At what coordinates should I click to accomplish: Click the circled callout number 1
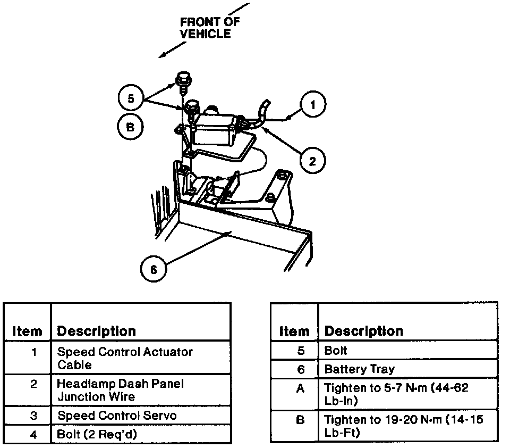tap(313, 105)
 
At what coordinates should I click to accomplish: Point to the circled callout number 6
tap(154, 270)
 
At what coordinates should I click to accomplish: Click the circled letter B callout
tap(130, 127)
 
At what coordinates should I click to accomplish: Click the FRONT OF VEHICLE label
tap(209, 28)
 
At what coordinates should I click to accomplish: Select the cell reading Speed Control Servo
tap(117, 415)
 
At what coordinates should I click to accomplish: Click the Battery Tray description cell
tap(360, 369)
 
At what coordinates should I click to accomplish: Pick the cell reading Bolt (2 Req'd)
tap(97, 434)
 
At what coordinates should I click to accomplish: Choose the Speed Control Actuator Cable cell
tap(125, 358)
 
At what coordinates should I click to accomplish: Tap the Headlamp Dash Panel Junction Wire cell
tap(121, 390)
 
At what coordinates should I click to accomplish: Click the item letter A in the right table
tap(300, 388)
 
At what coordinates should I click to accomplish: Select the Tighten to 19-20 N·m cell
tap(404, 426)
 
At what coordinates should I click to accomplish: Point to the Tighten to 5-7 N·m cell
tap(396, 394)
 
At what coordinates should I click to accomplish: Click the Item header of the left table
tap(27, 331)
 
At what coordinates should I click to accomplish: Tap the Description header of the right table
tap(364, 331)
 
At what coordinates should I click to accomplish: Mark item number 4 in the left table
tap(33, 434)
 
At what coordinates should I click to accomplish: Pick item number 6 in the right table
tap(300, 369)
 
